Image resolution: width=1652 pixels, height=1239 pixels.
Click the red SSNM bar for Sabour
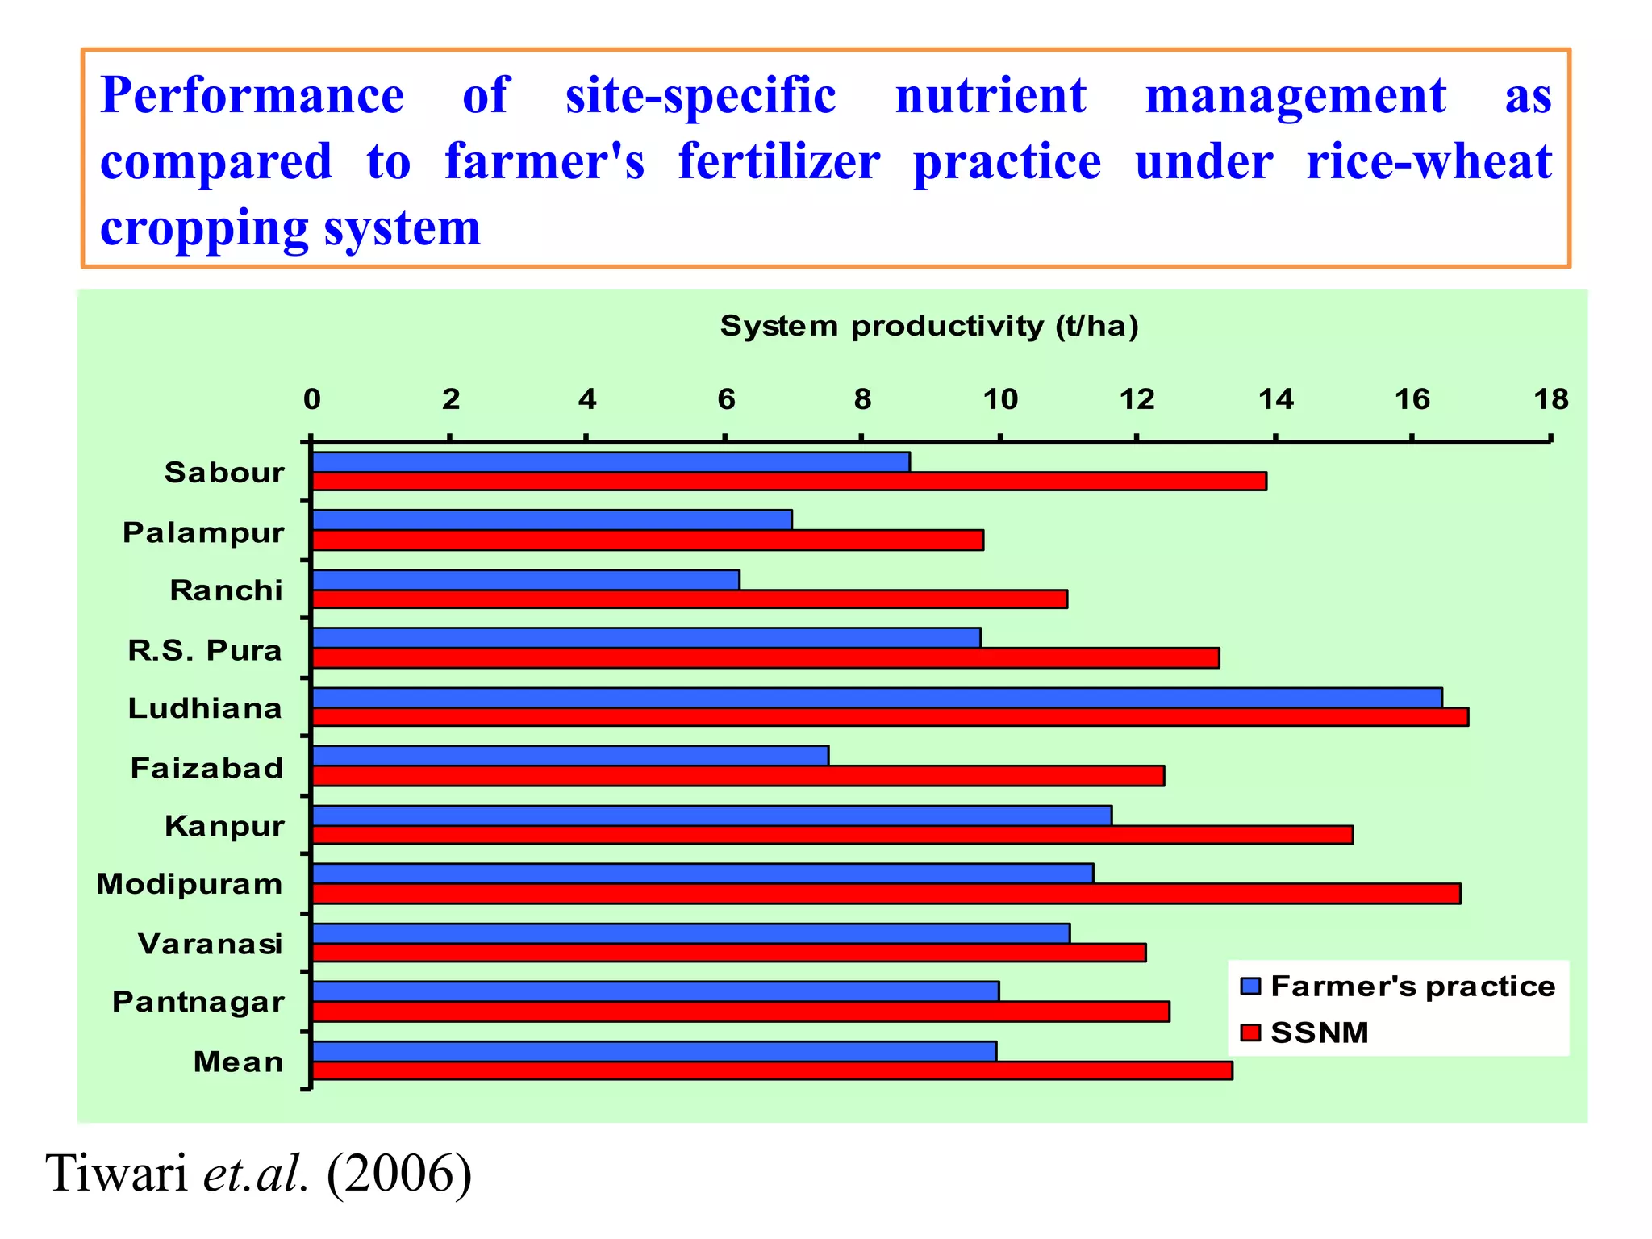point(789,482)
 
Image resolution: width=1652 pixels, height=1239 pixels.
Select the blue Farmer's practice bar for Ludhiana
point(877,698)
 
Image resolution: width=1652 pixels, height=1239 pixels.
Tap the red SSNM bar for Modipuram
point(886,894)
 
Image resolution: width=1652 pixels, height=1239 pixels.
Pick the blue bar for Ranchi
point(525,580)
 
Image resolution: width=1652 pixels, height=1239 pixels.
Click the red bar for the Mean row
point(772,1070)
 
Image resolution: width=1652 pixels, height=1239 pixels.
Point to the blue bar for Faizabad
point(570,756)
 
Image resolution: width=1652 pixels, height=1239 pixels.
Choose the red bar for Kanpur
point(832,835)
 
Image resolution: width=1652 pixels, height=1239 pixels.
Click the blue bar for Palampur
point(552,520)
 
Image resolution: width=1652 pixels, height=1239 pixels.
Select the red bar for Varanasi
point(728,953)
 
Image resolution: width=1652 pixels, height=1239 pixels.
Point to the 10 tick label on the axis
point(1000,399)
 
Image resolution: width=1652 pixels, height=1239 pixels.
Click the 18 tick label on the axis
point(1550,399)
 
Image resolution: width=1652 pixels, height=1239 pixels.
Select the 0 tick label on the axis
point(312,399)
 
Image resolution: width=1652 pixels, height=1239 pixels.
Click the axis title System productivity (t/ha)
point(929,326)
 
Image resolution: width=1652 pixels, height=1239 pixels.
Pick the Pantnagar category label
point(198,1002)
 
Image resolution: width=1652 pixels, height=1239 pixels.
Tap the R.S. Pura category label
point(205,650)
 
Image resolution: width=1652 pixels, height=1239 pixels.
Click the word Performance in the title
point(252,96)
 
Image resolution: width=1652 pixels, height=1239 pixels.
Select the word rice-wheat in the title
point(1429,162)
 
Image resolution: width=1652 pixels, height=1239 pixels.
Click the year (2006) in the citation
point(399,1173)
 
